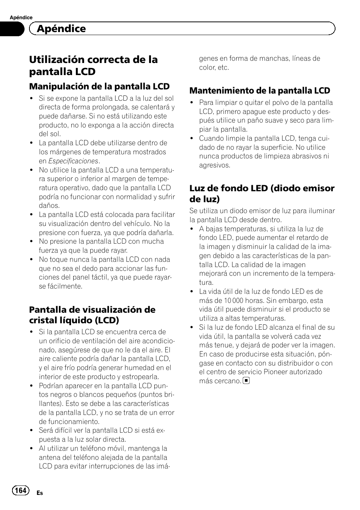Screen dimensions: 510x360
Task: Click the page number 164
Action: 20,490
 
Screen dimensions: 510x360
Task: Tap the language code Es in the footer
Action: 40,493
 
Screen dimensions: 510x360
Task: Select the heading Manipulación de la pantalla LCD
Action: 100,86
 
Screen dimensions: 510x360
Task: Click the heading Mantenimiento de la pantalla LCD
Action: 260,91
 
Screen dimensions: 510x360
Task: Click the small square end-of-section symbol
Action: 246,381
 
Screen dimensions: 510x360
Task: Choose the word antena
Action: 49,458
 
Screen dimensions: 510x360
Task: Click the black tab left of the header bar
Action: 12,29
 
